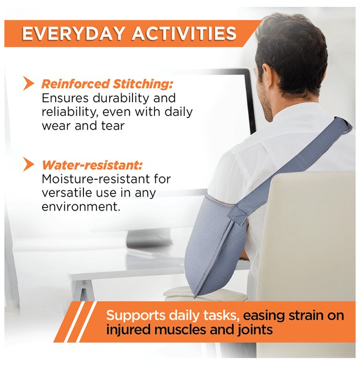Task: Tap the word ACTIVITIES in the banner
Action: pyautogui.click(x=184, y=33)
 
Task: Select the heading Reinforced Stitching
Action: pyautogui.click(x=107, y=84)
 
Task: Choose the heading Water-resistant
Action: pyautogui.click(x=92, y=165)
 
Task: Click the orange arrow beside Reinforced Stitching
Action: pyautogui.click(x=28, y=83)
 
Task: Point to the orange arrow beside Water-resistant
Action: pyautogui.click(x=28, y=164)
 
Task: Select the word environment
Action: pyautogui.click(x=81, y=206)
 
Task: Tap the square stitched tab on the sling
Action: pyautogui.click(x=237, y=214)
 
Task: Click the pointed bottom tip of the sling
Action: pyautogui.click(x=195, y=297)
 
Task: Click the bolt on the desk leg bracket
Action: pyautogui.click(x=85, y=283)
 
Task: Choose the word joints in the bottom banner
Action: pyautogui.click(x=255, y=330)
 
